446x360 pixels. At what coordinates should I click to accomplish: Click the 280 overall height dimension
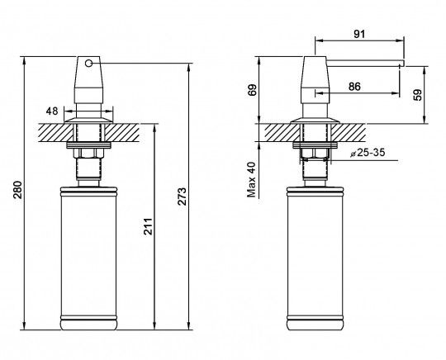(17, 190)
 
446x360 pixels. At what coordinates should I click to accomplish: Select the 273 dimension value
(182, 196)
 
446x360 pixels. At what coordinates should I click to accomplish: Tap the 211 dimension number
(148, 226)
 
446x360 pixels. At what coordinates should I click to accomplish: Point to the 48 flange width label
(52, 111)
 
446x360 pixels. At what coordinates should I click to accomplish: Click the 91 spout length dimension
(359, 34)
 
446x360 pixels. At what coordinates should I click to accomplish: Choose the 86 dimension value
(354, 87)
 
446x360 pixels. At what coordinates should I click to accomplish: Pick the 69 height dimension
(252, 90)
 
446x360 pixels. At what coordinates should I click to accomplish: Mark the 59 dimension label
(418, 95)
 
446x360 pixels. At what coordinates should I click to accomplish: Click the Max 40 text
(252, 180)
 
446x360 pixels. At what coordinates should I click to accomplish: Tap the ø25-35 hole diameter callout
(368, 153)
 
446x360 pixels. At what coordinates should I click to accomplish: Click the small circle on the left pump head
(88, 63)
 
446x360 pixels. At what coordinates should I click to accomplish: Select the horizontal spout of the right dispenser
(365, 64)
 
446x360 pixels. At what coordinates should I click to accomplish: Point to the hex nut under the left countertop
(88, 154)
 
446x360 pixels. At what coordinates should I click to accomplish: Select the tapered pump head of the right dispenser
(316, 80)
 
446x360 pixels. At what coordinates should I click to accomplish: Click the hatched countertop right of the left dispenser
(121, 133)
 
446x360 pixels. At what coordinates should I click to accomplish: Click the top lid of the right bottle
(316, 190)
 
